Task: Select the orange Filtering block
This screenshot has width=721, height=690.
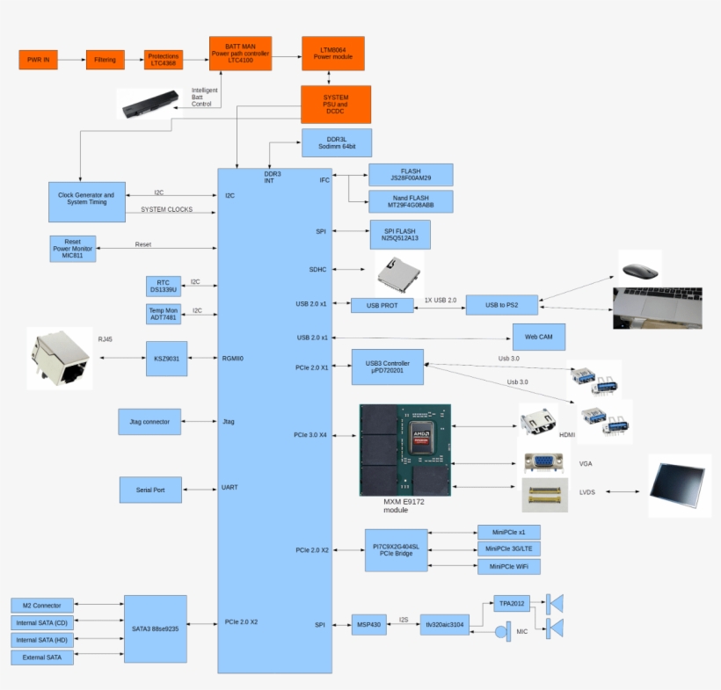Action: pos(105,60)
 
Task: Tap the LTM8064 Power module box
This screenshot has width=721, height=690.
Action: pos(332,54)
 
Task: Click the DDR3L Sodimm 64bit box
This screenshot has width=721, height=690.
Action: pos(336,143)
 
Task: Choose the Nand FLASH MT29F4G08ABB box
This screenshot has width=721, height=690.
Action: pos(411,201)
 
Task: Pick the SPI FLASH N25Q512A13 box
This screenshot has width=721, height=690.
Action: pos(400,234)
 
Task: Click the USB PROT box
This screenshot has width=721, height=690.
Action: pos(382,305)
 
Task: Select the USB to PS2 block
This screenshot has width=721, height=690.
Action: pos(501,305)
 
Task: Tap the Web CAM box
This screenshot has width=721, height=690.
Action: pos(538,337)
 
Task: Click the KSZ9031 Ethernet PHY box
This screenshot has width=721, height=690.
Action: pos(166,359)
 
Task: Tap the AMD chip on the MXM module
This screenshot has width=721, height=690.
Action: pos(425,437)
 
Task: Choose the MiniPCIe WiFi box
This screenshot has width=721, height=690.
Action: pos(508,567)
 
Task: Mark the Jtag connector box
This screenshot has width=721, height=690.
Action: pos(149,421)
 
